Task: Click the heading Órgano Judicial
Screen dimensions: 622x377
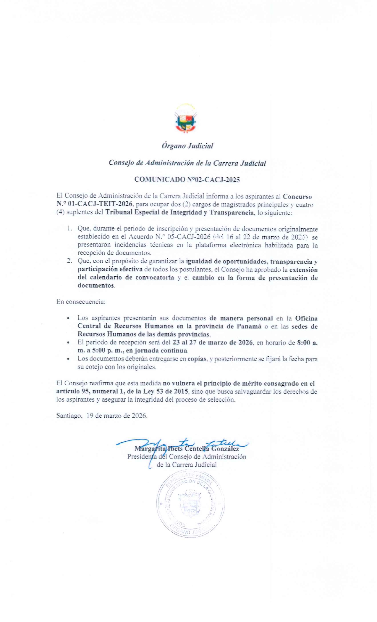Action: [187, 146]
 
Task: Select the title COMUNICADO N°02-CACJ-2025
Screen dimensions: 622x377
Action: [187, 179]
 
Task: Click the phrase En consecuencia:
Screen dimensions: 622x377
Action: [81, 302]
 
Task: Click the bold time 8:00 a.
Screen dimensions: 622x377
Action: [307, 343]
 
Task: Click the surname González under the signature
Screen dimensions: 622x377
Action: [228, 449]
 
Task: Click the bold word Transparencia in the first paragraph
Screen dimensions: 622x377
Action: [232, 213]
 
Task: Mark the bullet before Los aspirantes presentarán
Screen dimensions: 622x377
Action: [68, 318]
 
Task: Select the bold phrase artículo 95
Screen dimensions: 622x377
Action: [72, 391]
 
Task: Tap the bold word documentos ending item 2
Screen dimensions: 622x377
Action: [96, 286]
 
